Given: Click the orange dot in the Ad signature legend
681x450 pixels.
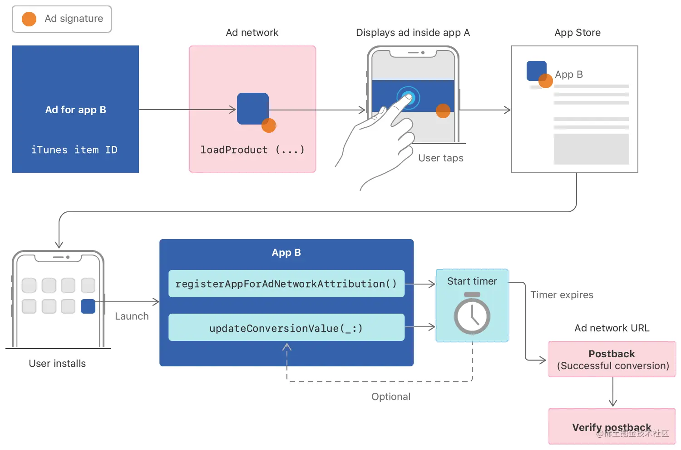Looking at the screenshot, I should click(29, 19).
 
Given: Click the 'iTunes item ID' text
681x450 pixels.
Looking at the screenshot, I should click(74, 150).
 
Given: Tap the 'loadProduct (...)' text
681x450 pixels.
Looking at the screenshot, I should click(252, 150).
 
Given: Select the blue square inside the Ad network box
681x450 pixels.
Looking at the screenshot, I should click(252, 108).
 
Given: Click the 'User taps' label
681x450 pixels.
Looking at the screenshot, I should click(440, 158).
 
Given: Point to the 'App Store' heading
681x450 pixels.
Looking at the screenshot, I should click(577, 33).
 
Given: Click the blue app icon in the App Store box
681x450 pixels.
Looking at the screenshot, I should click(536, 70).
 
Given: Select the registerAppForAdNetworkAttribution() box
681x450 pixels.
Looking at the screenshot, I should click(286, 284).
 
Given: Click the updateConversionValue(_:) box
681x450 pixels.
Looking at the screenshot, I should click(286, 328).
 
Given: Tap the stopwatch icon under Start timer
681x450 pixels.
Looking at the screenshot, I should click(472, 314).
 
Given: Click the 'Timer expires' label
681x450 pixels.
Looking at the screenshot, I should click(562, 295).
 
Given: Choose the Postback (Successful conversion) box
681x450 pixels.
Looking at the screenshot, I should click(612, 360).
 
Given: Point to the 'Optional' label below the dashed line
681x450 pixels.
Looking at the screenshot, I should click(390, 397).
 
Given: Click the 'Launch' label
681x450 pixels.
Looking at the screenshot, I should click(132, 316).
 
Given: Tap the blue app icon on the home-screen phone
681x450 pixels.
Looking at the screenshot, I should click(88, 306).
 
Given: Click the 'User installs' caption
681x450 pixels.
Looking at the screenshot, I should click(57, 364).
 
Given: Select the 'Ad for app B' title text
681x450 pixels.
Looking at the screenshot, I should click(75, 110).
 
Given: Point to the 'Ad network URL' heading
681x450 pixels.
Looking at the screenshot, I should click(612, 328).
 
